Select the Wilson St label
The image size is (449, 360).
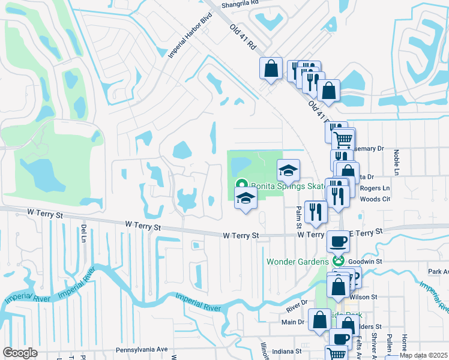click(365, 296)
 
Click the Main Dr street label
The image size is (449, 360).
click(294, 322)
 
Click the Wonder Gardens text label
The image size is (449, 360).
click(298, 262)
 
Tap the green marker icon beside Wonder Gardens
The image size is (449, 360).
click(339, 261)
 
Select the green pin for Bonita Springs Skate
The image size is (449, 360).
click(242, 185)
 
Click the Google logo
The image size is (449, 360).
click(20, 352)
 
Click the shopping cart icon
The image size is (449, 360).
click(343, 140)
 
